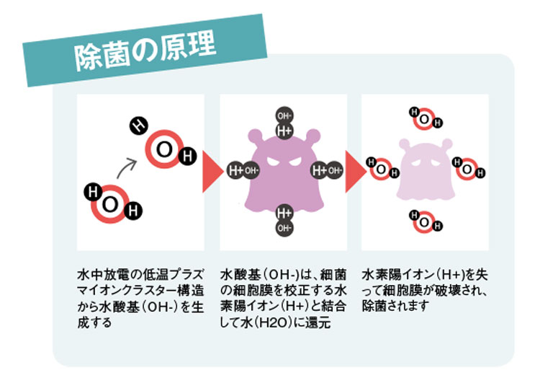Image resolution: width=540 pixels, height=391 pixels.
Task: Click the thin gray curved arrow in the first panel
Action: (x=126, y=167)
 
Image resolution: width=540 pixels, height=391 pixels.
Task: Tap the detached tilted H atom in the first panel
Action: (x=138, y=126)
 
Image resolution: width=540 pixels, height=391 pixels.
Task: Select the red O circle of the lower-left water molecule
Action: (x=110, y=204)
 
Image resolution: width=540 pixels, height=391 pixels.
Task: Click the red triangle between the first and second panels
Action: (x=212, y=171)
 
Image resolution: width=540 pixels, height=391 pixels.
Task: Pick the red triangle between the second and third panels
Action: (x=356, y=171)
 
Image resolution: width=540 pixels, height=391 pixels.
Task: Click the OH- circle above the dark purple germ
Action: (x=284, y=115)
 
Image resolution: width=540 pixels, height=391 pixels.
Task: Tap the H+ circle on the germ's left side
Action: (x=236, y=170)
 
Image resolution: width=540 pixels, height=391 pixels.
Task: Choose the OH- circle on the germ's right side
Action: (x=334, y=170)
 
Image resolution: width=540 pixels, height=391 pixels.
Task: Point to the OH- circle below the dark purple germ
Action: (x=284, y=228)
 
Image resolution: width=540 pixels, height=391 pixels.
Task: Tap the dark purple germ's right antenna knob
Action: (x=313, y=136)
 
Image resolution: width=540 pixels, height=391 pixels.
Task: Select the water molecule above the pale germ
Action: (x=426, y=119)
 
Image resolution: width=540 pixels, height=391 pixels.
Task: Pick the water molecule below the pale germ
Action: (x=426, y=222)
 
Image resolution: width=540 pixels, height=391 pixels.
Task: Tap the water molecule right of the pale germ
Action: (x=469, y=169)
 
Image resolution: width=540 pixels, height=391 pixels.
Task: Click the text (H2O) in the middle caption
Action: (x=275, y=323)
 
